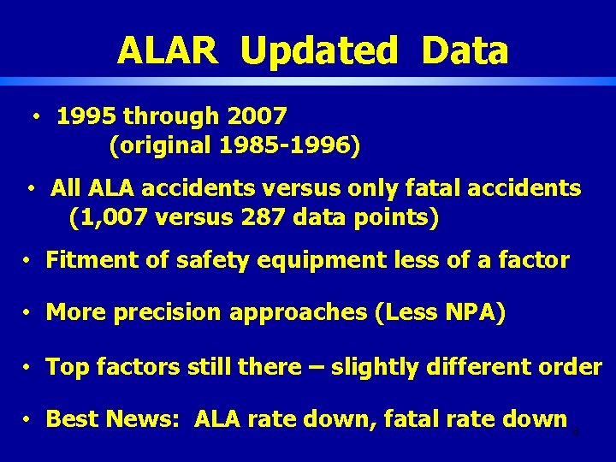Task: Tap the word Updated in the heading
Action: click(x=319, y=50)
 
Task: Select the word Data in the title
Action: click(x=465, y=50)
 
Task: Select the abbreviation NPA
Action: click(x=469, y=313)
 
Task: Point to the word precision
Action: click(x=169, y=313)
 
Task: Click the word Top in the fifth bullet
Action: click(x=65, y=367)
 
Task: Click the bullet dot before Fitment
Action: click(x=28, y=260)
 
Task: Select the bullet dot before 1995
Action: click(x=38, y=115)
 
